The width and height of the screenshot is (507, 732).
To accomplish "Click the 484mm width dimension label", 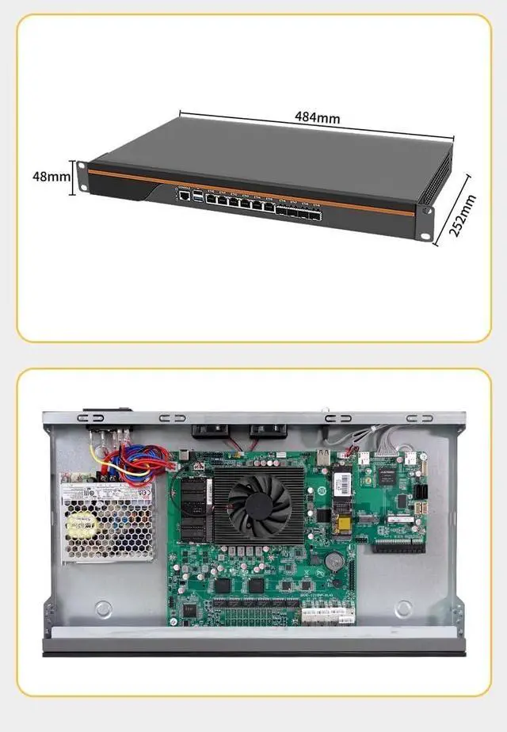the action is point(318,117).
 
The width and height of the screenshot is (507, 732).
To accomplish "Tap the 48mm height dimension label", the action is point(51,177).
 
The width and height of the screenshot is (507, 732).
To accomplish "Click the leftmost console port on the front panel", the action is point(184,193).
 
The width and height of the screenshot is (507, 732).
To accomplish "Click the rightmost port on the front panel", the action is point(318,215).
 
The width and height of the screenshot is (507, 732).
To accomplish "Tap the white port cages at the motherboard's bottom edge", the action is point(327,612).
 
